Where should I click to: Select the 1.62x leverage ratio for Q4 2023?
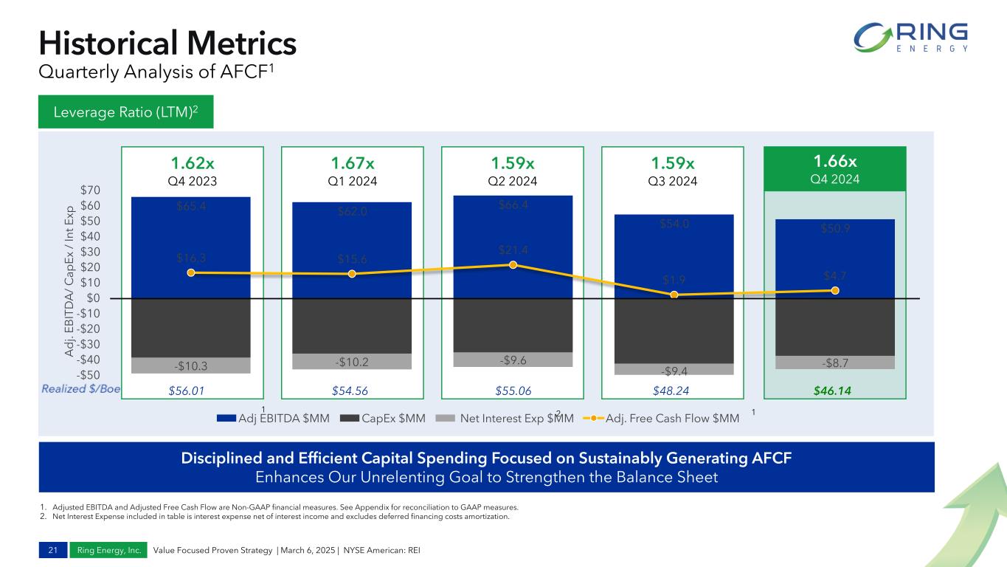click(x=191, y=162)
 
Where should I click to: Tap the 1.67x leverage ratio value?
click(x=352, y=162)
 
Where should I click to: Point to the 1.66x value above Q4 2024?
click(x=835, y=162)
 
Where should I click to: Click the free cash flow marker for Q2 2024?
click(x=513, y=264)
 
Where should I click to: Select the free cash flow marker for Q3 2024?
click(x=674, y=295)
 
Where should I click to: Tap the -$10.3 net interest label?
click(x=190, y=365)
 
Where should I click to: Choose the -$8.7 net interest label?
click(x=834, y=363)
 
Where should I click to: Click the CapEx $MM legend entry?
click(x=383, y=419)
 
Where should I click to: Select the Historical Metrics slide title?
click(x=167, y=43)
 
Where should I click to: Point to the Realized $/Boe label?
click(x=82, y=388)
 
